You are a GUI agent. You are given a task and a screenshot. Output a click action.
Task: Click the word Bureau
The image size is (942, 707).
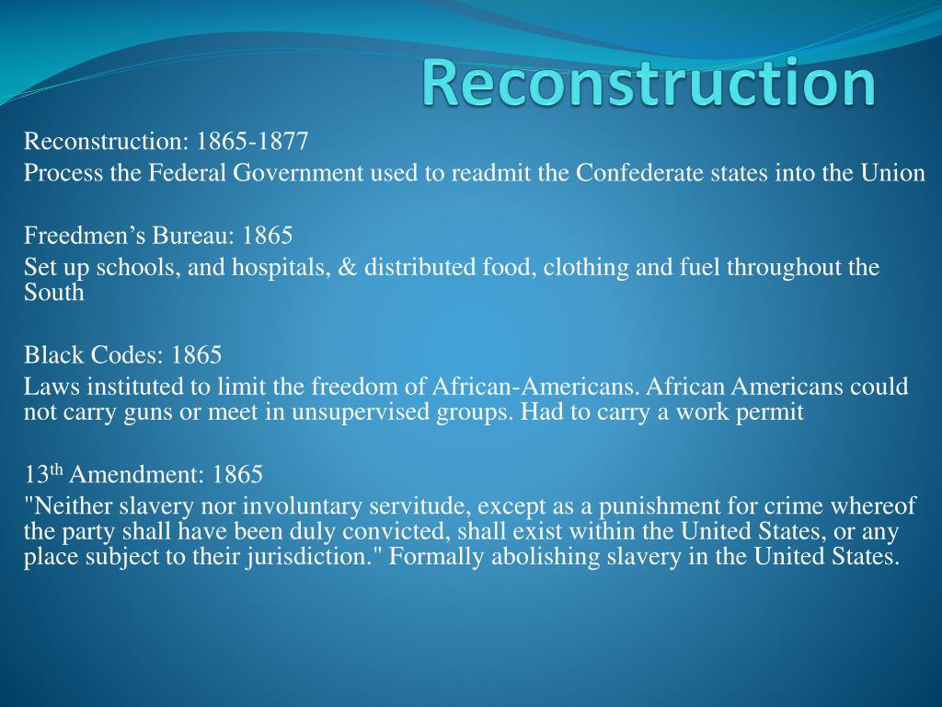click(194, 236)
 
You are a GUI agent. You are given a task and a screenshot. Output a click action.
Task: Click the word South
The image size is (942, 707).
click(53, 293)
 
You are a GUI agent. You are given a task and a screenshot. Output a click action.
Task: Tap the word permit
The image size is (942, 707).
click(775, 411)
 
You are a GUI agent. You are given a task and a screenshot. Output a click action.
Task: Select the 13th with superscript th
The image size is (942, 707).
click(43, 475)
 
